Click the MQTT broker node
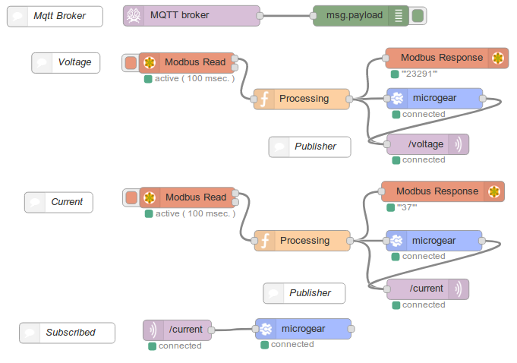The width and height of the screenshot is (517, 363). coord(191,15)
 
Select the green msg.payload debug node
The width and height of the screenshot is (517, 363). coord(361,15)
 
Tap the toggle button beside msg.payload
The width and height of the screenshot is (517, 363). coord(418,16)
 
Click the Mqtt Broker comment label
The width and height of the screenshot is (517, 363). coord(55,16)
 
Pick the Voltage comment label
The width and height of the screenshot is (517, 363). coord(65,62)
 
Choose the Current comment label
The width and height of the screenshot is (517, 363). coord(58,202)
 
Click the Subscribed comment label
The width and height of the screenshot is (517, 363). coord(68,333)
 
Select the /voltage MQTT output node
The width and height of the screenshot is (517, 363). coord(427,144)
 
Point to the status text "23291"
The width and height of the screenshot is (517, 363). coord(419,74)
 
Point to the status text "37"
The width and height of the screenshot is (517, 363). coord(407,207)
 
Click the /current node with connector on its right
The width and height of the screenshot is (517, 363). coord(178,330)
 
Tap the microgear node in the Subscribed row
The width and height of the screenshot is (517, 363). coord(304,329)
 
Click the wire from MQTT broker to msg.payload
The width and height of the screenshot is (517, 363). coord(286,15)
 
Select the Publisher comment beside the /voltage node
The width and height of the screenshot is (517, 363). coord(310,147)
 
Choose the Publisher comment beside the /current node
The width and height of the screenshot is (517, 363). coord(304,293)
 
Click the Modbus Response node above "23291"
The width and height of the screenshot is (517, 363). coord(447,58)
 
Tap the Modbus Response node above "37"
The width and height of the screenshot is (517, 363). coord(443,191)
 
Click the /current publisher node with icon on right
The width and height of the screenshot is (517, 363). coord(427,289)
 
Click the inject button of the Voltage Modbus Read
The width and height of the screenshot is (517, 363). coord(131,62)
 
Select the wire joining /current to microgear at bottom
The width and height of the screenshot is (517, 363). coord(233,330)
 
